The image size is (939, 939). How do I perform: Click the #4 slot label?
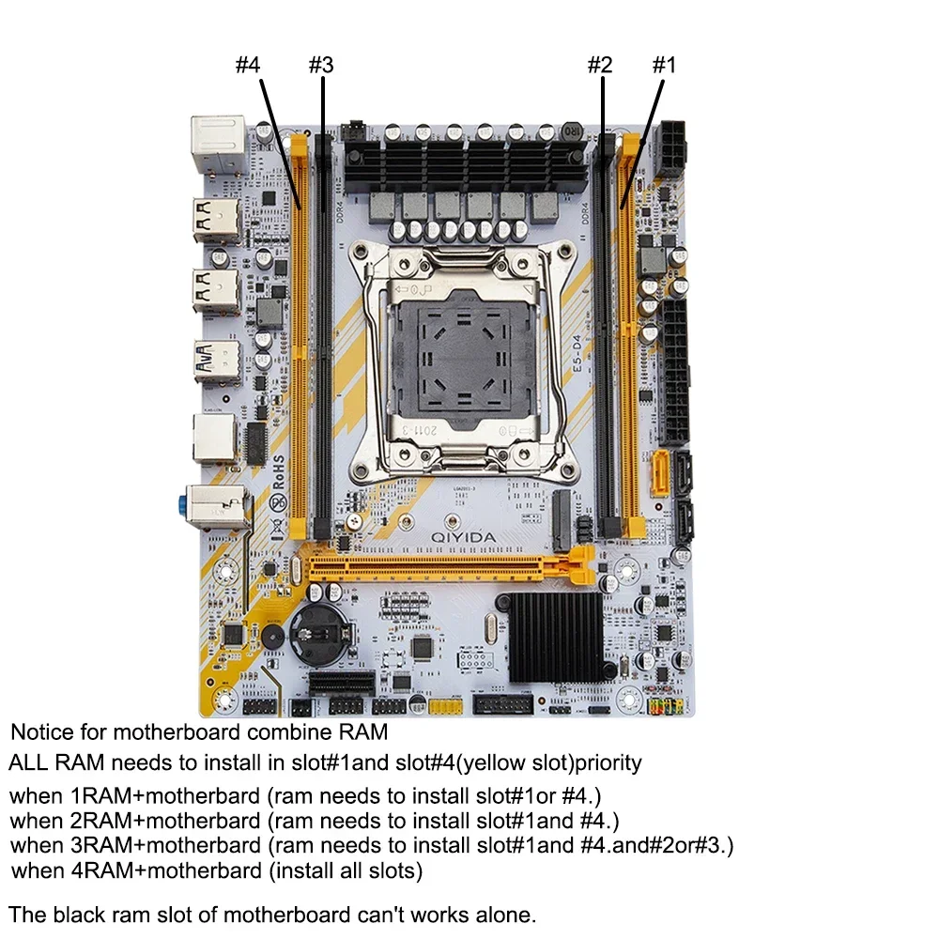click(247, 66)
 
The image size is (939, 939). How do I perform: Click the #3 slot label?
click(320, 66)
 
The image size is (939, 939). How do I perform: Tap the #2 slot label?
click(599, 66)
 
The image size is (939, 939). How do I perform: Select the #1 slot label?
click(663, 66)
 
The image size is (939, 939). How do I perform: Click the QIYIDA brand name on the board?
click(464, 535)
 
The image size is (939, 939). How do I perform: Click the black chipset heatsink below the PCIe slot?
click(555, 636)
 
